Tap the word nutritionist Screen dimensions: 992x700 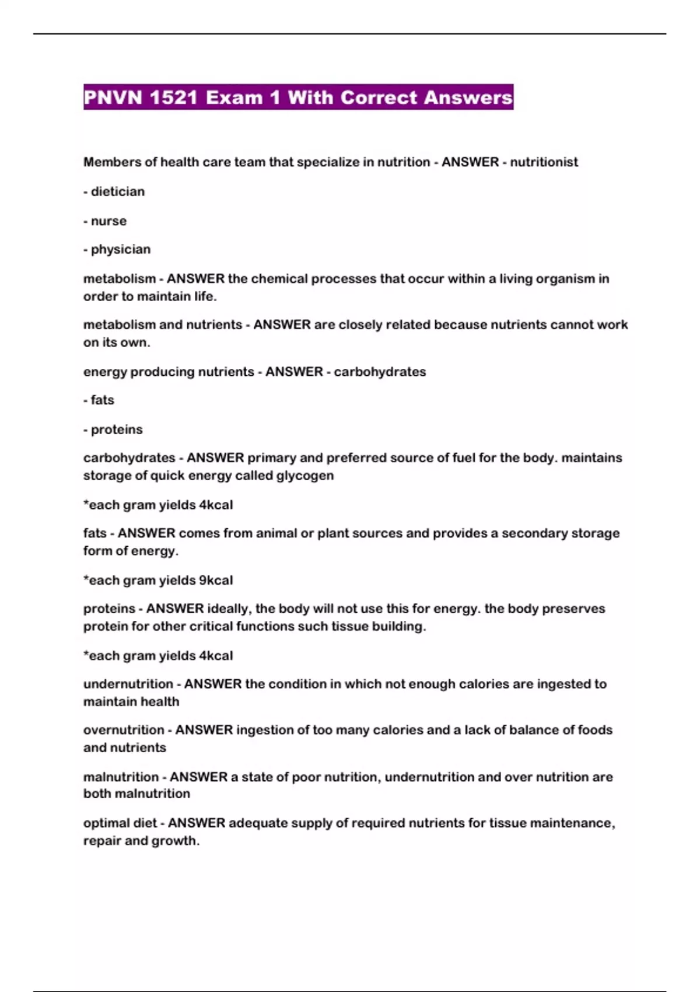544,162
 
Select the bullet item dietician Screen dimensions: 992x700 117,191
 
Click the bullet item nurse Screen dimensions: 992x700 108,221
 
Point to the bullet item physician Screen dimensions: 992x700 120,250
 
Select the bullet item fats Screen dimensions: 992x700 102,400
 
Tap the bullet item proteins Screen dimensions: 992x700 116,429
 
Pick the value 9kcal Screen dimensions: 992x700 216,581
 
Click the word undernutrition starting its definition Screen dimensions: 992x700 128,684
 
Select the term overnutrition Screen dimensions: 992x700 124,730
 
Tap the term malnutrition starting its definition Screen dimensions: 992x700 121,777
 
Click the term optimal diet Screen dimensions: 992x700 120,823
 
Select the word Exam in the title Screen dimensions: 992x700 234,97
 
